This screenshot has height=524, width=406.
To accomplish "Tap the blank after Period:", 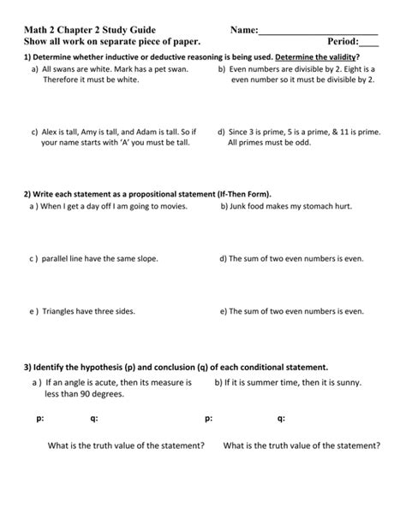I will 369,43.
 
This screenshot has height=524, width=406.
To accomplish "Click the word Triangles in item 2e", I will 61,312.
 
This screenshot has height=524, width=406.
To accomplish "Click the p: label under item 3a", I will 39,419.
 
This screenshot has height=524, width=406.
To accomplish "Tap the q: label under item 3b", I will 281,419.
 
